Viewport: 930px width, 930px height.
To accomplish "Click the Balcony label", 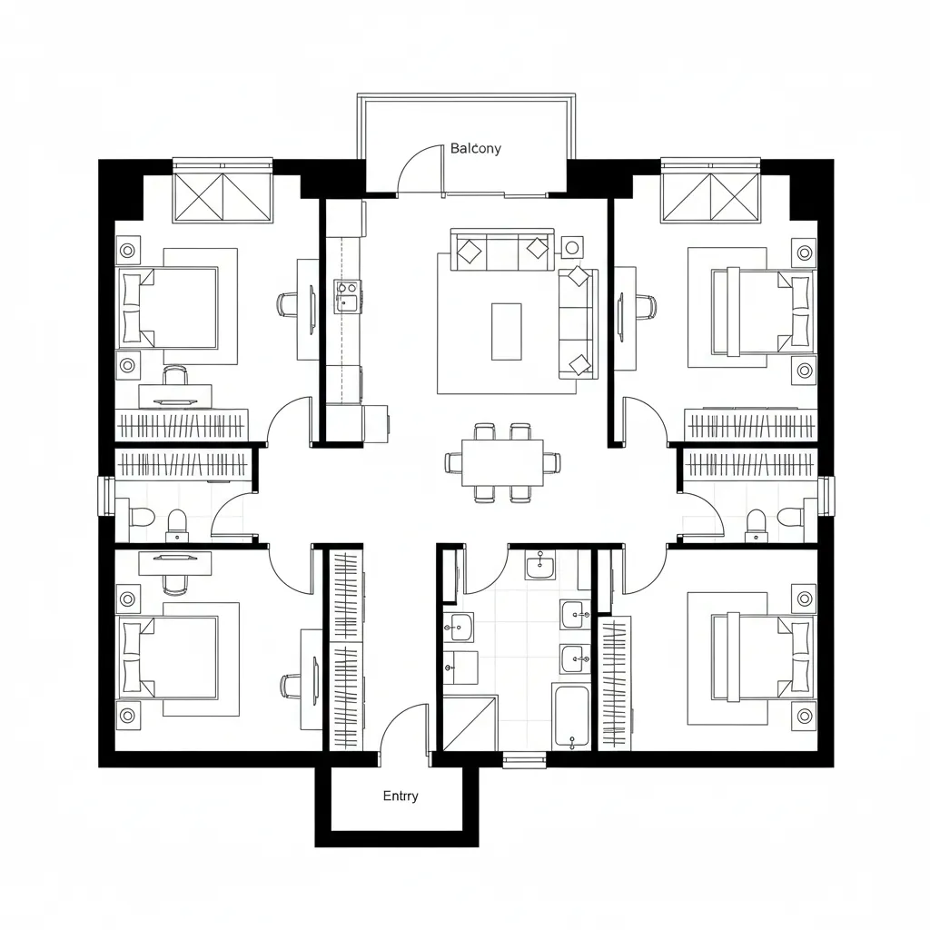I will (475, 149).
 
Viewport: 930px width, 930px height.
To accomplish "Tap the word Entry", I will (401, 796).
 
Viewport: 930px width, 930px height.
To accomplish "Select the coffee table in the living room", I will (506, 331).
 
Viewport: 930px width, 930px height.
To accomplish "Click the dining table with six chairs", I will (502, 462).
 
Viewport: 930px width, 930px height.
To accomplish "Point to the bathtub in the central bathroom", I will (571, 717).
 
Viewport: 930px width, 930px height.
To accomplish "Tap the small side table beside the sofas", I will (571, 246).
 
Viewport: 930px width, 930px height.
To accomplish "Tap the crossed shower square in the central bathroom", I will (470, 723).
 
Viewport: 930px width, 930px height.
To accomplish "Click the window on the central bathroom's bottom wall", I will (524, 760).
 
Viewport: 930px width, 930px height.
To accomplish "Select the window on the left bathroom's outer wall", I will (106, 496).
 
